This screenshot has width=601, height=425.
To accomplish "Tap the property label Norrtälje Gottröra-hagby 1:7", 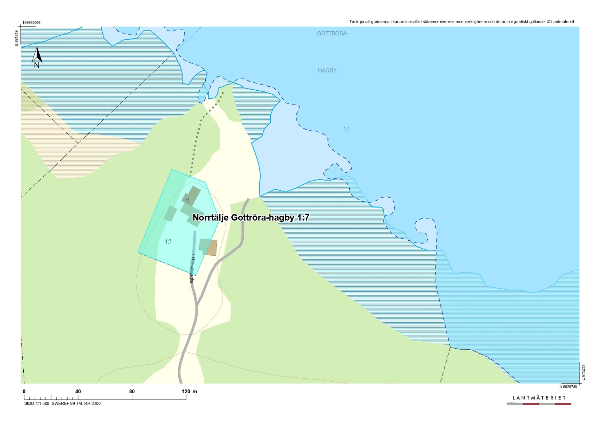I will (x=251, y=217).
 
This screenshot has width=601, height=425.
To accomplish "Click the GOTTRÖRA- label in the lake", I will (x=332, y=34).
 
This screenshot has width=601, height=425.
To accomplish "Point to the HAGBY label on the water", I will (x=327, y=70).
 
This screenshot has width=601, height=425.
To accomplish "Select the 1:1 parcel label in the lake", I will (x=346, y=129).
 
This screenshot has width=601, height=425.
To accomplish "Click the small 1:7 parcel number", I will (x=168, y=241).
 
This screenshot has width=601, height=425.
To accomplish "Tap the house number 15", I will (x=187, y=200).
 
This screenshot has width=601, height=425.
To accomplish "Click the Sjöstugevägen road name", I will (x=192, y=268).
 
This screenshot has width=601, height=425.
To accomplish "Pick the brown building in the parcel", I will (x=211, y=248).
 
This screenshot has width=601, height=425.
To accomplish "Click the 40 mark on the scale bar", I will (x=78, y=391).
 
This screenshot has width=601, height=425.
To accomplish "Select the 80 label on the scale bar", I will (x=132, y=391).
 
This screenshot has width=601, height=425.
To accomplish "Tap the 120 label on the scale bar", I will (x=186, y=391).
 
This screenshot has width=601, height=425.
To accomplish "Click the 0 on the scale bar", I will (x=24, y=391).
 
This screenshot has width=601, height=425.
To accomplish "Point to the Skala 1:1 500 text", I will (x=63, y=403).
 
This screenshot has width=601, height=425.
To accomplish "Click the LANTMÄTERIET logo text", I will (x=539, y=398).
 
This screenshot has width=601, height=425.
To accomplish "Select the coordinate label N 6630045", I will (x=32, y=23).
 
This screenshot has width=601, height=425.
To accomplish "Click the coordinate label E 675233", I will (x=583, y=373).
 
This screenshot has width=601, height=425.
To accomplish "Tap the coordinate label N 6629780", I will (x=568, y=387).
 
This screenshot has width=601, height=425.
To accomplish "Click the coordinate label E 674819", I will (x=16, y=38).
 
